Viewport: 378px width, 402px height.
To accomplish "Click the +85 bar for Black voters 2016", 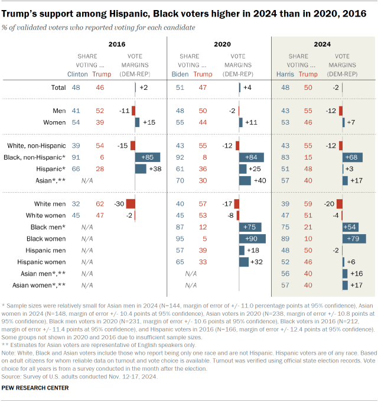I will pyautogui.click(x=148, y=157).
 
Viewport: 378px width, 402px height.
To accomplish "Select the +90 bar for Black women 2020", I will pyautogui.click(x=252, y=238).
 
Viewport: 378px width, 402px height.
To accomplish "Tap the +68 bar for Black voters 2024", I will pyautogui.click(x=353, y=157).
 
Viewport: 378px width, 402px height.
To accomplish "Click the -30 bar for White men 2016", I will pyautogui.click(x=131, y=203).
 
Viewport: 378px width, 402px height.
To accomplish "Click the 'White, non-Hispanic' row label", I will pyautogui.click(x=36, y=145).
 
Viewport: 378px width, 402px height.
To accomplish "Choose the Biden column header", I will pyautogui.click(x=180, y=74).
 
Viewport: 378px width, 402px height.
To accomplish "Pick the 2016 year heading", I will pyautogui.click(x=117, y=44).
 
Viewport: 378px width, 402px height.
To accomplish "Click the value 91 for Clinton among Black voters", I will pyautogui.click(x=76, y=157).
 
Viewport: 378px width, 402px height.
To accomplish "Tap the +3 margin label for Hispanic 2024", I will pyautogui.click(x=351, y=168).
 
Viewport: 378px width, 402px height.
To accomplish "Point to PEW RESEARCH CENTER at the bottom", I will pyautogui.click(x=35, y=388).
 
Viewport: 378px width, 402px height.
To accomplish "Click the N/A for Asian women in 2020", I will pyautogui.click(x=191, y=284).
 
